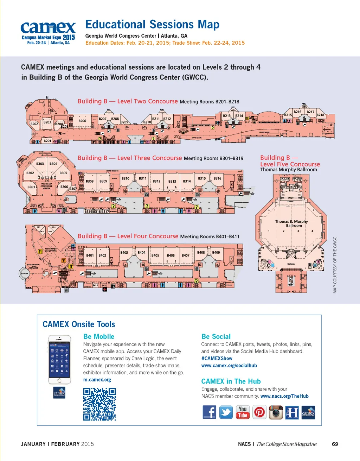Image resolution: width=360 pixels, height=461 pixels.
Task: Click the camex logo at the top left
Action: pos(48,32)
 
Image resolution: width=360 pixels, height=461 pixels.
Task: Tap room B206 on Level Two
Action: pos(82,121)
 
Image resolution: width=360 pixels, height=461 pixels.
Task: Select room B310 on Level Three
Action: pos(126,179)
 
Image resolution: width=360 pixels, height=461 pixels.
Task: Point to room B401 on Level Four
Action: pos(90,255)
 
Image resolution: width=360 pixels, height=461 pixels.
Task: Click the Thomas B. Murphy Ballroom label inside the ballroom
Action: pos(291,223)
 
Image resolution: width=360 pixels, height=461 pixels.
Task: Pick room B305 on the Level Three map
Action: pos(63,173)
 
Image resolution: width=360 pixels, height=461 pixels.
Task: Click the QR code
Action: pos(99,404)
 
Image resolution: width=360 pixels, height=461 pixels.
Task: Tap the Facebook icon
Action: pos(210,412)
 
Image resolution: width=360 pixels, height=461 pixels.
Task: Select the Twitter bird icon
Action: pos(226,412)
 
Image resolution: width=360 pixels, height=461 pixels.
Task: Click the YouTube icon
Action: pos(243,412)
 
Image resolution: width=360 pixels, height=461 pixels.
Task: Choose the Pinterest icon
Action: pos(259,412)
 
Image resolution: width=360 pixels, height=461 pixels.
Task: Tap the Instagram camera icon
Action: pos(276,412)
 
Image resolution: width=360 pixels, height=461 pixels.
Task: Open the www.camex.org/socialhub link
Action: pos(229,366)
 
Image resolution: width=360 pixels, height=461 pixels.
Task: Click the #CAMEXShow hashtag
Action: pos(217,358)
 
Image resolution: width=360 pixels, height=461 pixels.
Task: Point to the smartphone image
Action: pos(59,359)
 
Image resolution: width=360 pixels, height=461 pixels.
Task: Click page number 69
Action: pos(335,444)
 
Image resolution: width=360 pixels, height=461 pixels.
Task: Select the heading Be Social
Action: pos(216,336)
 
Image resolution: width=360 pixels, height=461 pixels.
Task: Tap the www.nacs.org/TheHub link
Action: pos(284,396)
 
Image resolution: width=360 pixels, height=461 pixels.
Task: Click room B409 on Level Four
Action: pos(216,253)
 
